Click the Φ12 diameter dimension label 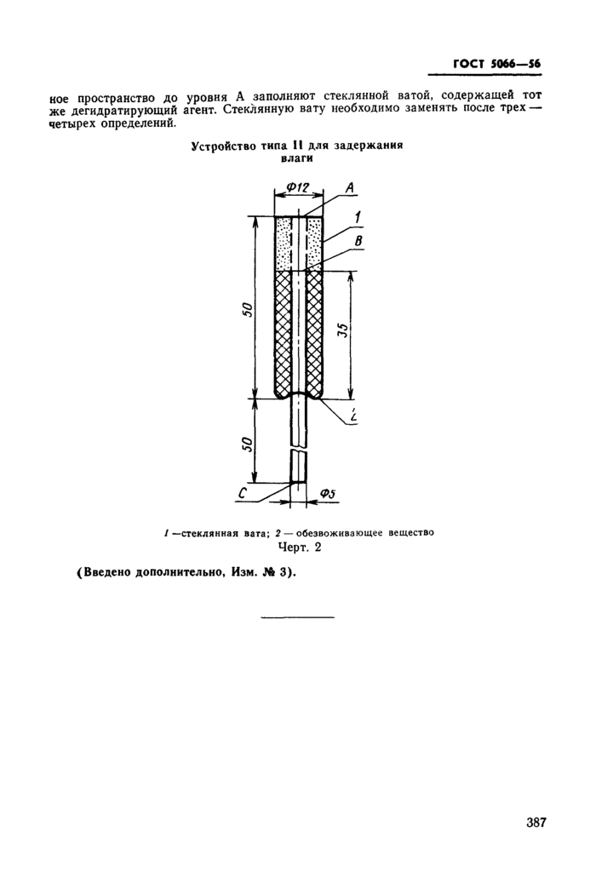296,186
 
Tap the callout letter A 350,188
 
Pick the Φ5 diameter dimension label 329,493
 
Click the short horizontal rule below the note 297,616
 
